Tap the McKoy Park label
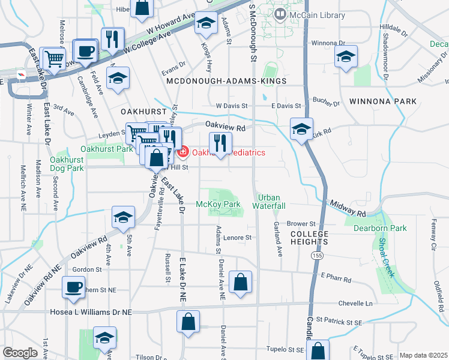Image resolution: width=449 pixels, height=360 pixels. pos(218,204)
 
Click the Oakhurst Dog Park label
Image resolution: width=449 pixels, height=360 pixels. pos(67,164)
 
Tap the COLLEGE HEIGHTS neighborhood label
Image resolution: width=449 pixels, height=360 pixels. pos(309,238)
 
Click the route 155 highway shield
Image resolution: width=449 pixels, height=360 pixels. pos(315,256)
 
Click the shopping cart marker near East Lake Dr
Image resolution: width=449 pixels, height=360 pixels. pos(54,58)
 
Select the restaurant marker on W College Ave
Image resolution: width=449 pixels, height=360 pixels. pos(112,39)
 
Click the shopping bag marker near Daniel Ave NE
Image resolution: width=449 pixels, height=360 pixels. pos(240,282)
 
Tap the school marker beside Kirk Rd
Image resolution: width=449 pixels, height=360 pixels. pos(301,128)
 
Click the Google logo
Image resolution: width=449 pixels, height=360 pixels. pos(20,353)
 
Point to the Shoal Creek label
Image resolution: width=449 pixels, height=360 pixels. pos(387,258)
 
